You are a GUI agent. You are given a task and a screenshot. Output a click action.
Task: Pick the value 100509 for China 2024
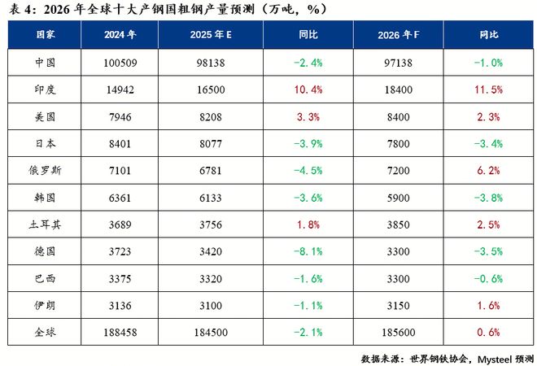tap(120, 62)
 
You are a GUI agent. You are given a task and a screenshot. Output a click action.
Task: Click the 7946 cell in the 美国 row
tap(120, 115)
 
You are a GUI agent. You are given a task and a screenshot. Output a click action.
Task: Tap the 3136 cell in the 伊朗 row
tap(120, 306)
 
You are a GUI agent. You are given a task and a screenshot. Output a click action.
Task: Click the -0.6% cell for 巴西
tap(488, 279)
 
